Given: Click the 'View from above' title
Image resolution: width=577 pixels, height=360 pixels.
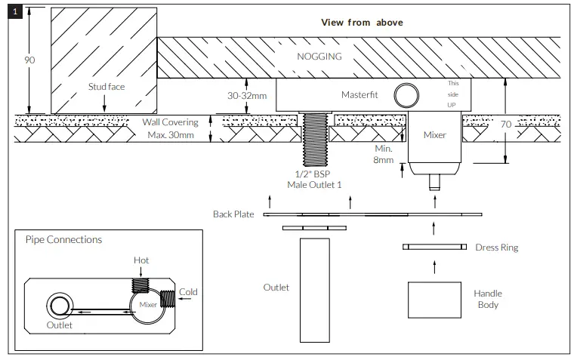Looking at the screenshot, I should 362,23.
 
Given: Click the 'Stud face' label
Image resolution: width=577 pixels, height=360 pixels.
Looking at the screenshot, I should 106,87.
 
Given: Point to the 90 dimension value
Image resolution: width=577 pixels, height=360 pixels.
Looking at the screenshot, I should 30,60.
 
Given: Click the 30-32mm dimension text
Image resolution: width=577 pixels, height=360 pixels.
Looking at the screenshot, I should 246,97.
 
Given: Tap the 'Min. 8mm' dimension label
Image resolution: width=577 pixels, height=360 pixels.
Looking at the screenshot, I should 384,155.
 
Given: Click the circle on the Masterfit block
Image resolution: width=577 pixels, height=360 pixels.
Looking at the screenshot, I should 408,95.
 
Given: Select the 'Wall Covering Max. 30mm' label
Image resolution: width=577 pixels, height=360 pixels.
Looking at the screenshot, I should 170,128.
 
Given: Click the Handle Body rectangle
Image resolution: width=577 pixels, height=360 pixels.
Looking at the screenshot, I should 434,300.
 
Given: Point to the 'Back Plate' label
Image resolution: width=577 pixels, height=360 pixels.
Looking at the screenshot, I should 233,214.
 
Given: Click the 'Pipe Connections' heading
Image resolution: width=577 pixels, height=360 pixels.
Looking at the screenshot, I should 63,240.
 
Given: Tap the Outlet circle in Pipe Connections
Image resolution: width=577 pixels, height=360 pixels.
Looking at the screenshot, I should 58,306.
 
